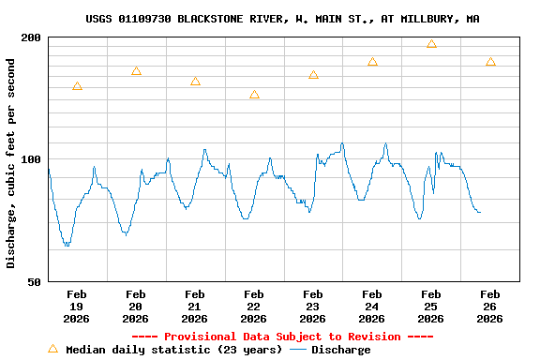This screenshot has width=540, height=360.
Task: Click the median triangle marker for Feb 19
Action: pyautogui.click(x=77, y=86)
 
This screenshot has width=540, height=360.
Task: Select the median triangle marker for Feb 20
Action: pyautogui.click(x=136, y=71)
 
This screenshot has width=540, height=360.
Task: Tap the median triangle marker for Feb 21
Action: pyautogui.click(x=195, y=82)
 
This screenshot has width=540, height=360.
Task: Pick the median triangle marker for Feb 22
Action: pyautogui.click(x=254, y=95)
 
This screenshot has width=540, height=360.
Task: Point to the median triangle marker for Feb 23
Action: pyautogui.click(x=313, y=75)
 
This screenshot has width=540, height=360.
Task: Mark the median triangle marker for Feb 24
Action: pyautogui.click(x=372, y=62)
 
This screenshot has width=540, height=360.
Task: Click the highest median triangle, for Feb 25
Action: pyautogui.click(x=431, y=44)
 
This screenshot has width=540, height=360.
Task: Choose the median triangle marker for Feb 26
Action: pyautogui.click(x=490, y=62)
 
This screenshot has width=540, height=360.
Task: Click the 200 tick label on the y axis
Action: pyautogui.click(x=32, y=37)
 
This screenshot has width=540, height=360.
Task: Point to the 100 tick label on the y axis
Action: pyautogui.click(x=32, y=159)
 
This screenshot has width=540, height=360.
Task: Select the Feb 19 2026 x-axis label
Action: pyautogui.click(x=77, y=306)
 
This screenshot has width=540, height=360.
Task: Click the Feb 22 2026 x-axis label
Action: pyautogui.click(x=254, y=306)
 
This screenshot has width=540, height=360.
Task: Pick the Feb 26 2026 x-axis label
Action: pyautogui.click(x=490, y=306)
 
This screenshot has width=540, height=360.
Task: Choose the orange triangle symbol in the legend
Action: pyautogui.click(x=53, y=349)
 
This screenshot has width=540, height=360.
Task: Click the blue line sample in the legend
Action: pyautogui.click(x=298, y=350)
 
